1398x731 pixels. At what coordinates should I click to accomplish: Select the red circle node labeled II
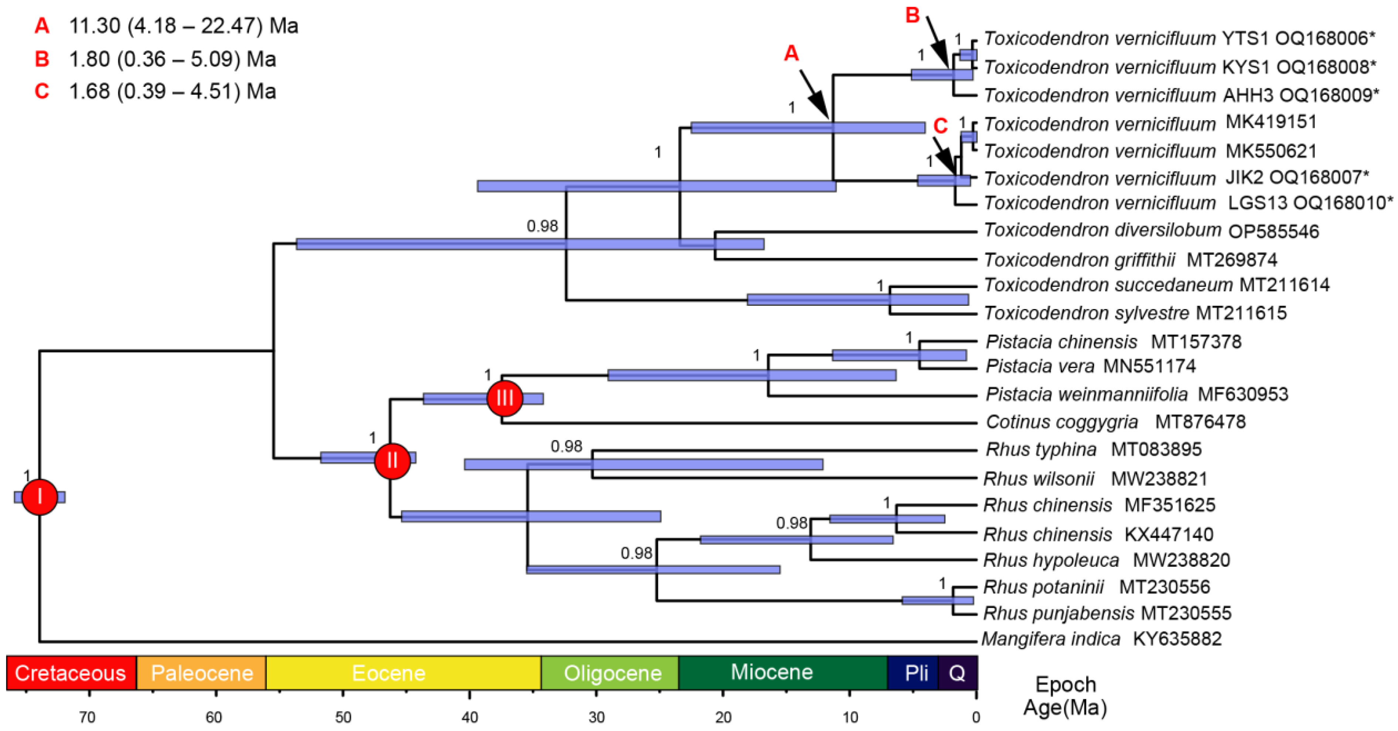392,461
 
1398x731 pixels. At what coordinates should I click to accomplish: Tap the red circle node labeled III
504,398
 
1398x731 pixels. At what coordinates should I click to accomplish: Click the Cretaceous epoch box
71,673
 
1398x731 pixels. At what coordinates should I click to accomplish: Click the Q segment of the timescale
957,673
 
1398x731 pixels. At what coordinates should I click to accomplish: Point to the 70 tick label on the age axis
88,717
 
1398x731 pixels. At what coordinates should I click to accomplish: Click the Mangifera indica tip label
1051,639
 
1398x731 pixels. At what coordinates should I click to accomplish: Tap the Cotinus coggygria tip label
1062,422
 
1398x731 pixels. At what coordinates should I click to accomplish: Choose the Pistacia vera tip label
1040,366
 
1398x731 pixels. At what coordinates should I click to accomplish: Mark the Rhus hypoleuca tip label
1051,560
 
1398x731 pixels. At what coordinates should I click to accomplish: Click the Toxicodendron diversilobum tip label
1102,230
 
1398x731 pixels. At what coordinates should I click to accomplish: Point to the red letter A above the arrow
792,53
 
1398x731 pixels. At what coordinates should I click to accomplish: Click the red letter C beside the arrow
940,126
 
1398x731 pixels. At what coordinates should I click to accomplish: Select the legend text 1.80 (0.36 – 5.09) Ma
172,59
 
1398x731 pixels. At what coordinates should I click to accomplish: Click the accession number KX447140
1168,534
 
